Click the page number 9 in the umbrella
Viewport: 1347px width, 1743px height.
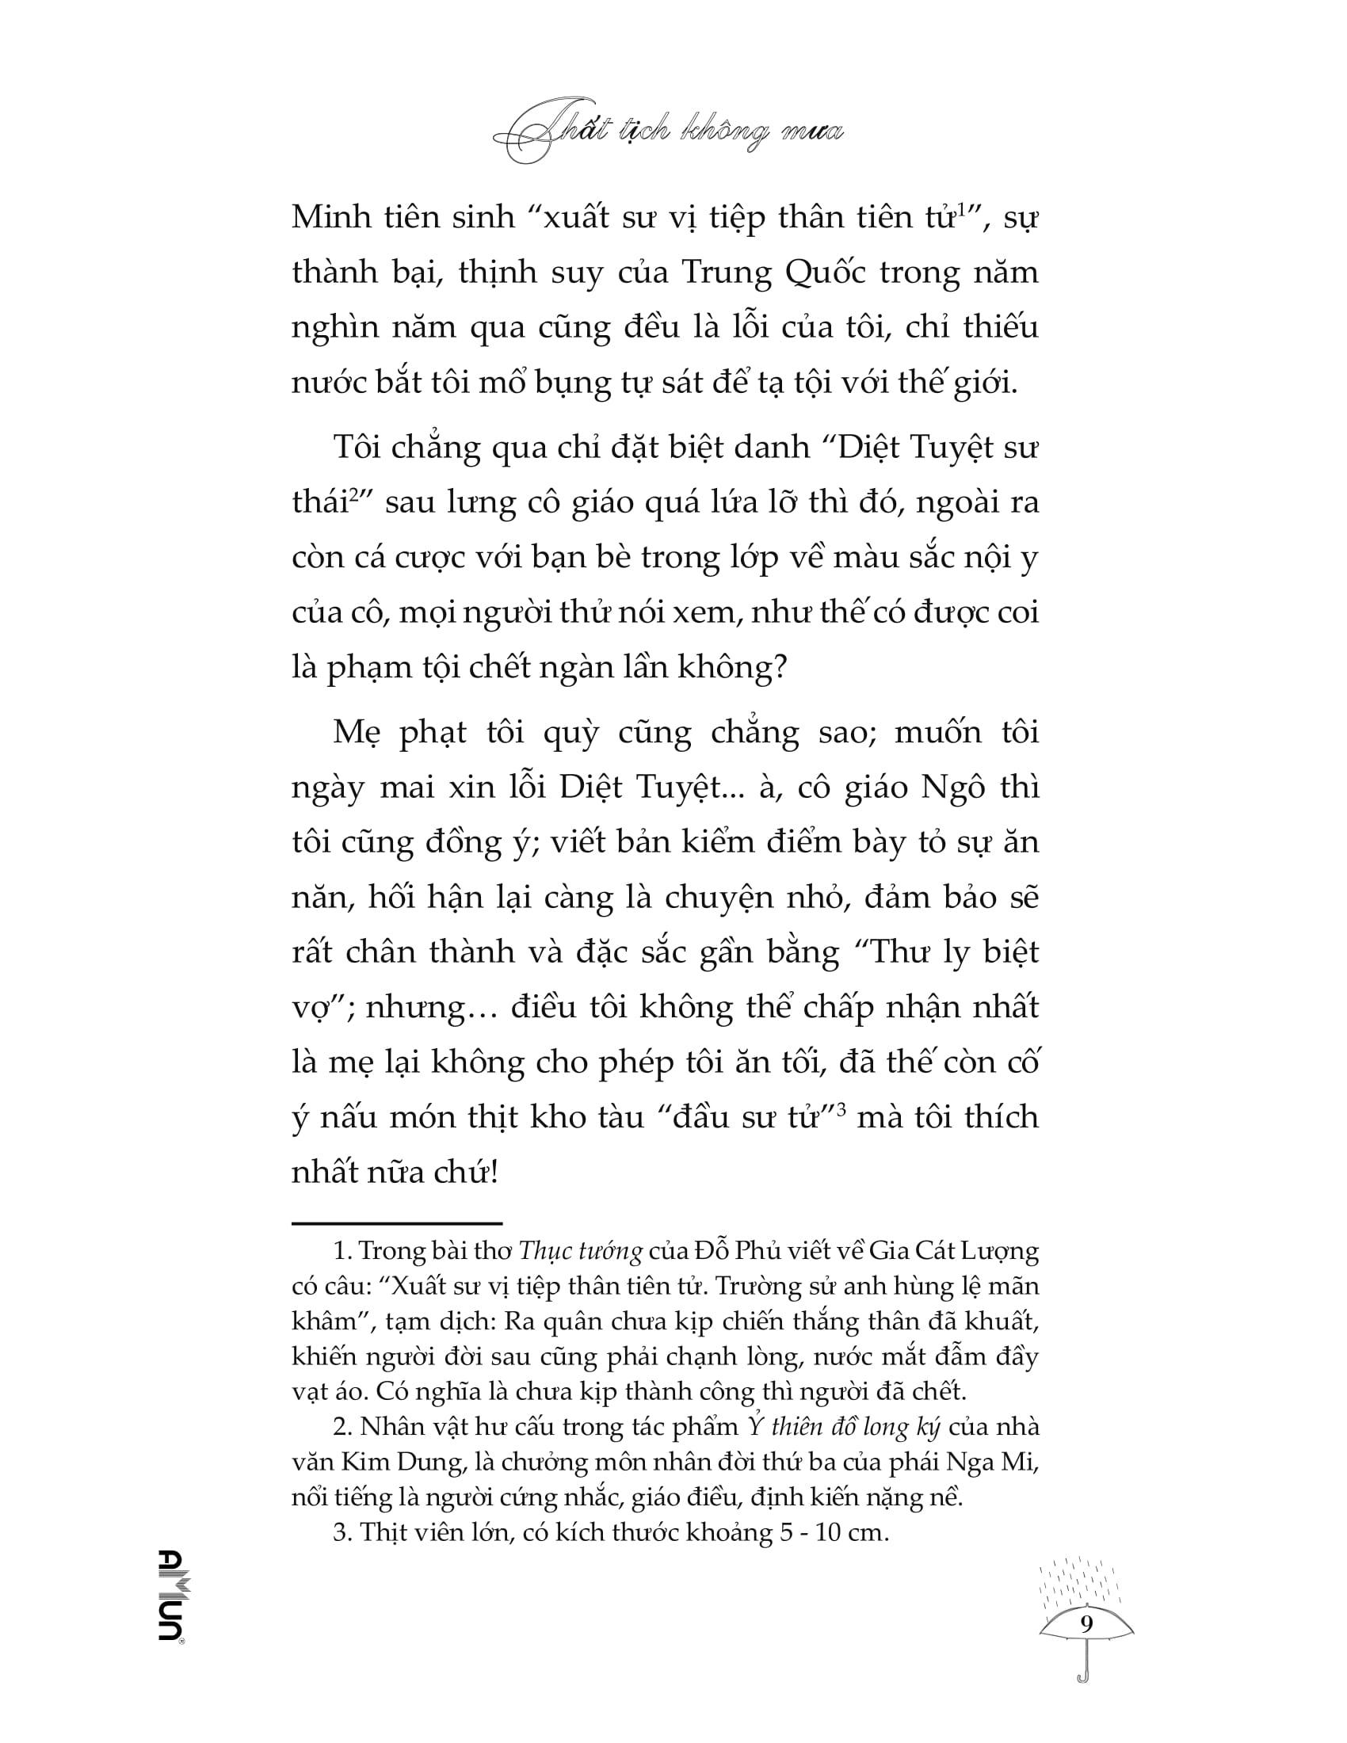pos(1086,1623)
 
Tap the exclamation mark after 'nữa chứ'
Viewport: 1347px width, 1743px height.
pos(494,1173)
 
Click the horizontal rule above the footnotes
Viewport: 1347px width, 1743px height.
pos(397,1222)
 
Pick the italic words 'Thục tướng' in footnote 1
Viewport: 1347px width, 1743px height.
pos(580,1251)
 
